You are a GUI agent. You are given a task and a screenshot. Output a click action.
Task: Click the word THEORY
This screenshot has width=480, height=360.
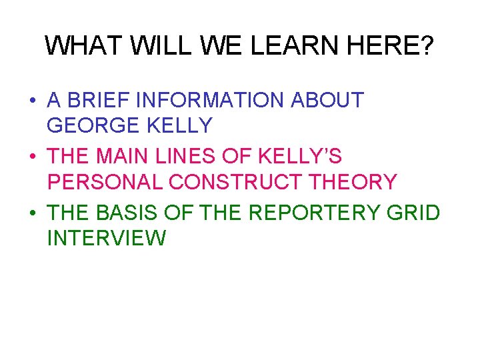(x=353, y=181)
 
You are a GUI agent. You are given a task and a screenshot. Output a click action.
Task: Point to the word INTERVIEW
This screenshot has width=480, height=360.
(x=107, y=237)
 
